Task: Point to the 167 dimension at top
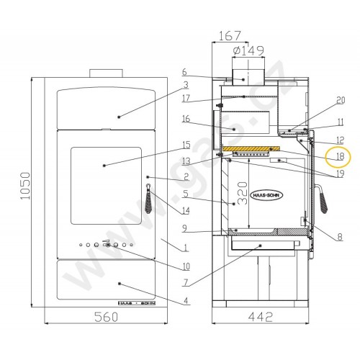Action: [230, 35]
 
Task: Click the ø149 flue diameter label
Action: [250, 50]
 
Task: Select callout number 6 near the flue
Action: [184, 72]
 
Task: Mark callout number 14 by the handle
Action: [186, 211]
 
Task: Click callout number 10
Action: [186, 266]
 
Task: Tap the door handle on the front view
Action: [149, 201]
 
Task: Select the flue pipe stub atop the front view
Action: [105, 73]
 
